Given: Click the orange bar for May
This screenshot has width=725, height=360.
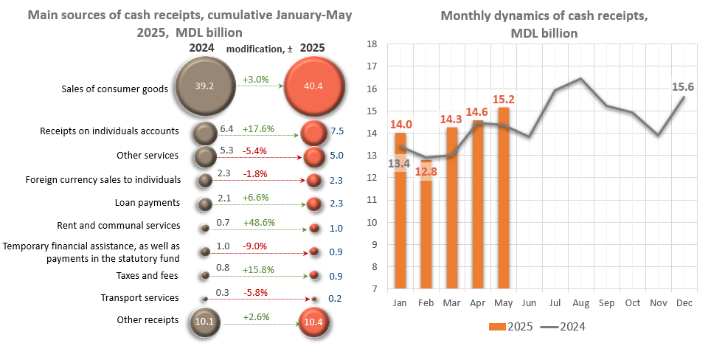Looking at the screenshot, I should (504, 198).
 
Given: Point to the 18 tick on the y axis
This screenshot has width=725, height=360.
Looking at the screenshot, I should (372, 44).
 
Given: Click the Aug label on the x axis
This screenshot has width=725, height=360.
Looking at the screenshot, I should (581, 303).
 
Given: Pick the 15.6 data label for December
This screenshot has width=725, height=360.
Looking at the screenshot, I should (682, 87).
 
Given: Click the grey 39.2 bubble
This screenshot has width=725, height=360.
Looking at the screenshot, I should (205, 86).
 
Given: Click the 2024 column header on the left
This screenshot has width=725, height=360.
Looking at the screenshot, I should (201, 48).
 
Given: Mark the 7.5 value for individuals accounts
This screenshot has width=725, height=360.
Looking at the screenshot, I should (336, 132).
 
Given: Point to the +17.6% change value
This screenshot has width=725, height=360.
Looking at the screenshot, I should (258, 129).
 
